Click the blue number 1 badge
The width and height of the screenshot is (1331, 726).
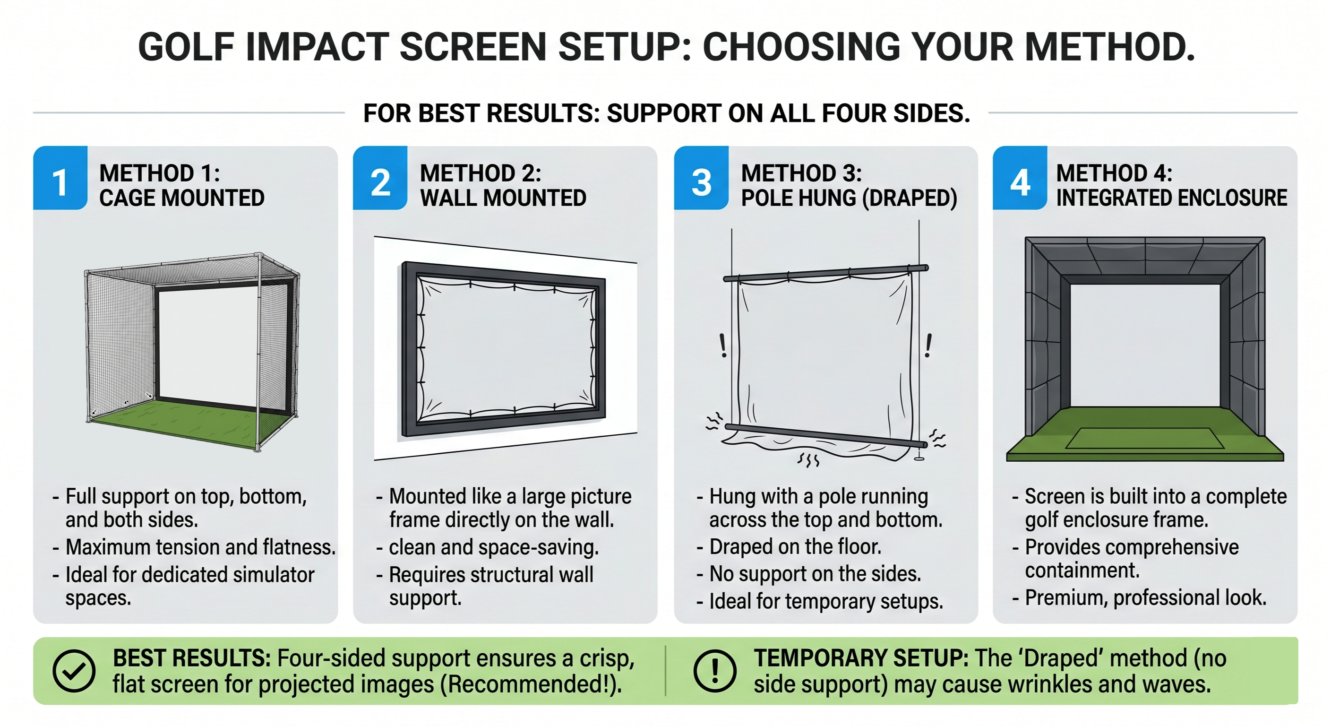60,178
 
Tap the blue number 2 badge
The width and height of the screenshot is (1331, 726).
380,178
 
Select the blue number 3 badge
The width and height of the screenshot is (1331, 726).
701,178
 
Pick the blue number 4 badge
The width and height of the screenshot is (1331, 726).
1020,178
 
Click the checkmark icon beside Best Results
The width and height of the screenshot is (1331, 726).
74,671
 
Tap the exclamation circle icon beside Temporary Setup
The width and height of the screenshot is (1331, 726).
715,671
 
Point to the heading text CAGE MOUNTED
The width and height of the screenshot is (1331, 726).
182,198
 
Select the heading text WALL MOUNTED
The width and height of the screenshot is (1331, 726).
503,198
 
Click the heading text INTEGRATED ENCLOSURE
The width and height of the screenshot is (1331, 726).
1171,198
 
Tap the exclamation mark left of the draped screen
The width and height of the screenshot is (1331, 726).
723,346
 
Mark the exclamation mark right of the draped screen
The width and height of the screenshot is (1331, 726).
928,346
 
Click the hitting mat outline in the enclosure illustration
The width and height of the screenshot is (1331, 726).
1144,438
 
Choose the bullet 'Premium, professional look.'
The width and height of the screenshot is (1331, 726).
1139,597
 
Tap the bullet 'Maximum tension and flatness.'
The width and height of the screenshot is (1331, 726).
194,547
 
